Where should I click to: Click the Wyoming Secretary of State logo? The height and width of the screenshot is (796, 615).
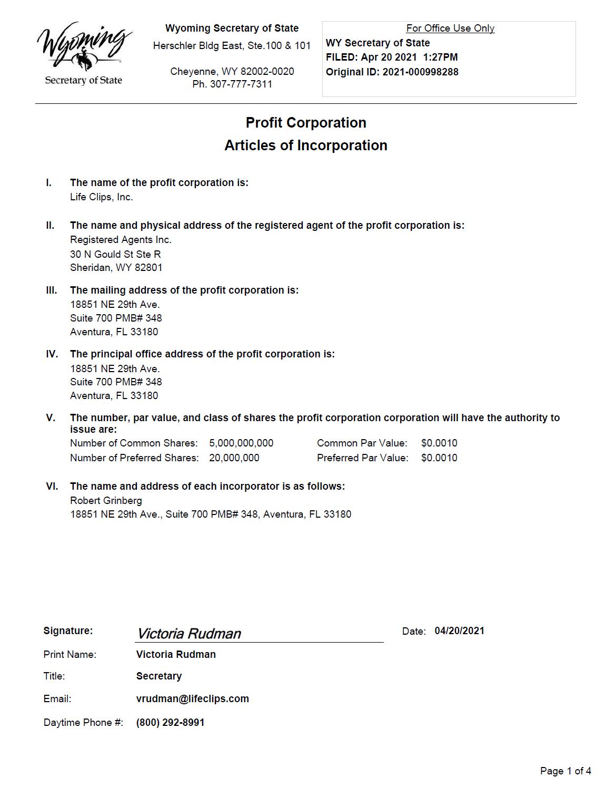[x=84, y=53]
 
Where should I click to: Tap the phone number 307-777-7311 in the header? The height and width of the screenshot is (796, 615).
[x=241, y=84]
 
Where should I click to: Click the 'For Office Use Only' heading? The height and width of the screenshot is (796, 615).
[x=450, y=28]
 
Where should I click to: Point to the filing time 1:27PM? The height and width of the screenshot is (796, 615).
[x=440, y=57]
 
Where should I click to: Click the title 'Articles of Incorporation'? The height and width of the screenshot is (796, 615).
[x=305, y=145]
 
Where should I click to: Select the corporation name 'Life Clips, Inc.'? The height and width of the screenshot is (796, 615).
[x=102, y=197]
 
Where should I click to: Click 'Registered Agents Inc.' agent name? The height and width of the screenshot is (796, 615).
[x=121, y=240]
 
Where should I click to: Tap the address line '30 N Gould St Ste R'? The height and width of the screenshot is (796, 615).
[x=115, y=254]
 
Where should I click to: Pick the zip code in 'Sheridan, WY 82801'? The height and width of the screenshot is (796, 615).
[x=148, y=268]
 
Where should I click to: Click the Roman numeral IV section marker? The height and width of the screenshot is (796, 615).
[x=52, y=354]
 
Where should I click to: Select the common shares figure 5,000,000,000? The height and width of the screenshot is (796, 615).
[x=241, y=443]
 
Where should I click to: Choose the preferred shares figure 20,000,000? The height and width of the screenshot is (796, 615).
[x=234, y=458]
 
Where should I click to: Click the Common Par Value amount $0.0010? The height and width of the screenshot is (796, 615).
[x=439, y=443]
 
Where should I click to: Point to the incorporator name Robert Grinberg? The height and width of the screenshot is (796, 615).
[x=106, y=501]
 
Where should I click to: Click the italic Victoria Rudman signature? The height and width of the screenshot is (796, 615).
[x=189, y=634]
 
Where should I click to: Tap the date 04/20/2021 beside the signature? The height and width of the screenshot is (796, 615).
[x=459, y=631]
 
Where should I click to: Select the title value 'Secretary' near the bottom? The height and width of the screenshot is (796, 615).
[x=158, y=676]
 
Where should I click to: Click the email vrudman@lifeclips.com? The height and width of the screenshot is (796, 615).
[x=192, y=699]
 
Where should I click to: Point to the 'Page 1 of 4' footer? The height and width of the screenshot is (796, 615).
[x=566, y=771]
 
